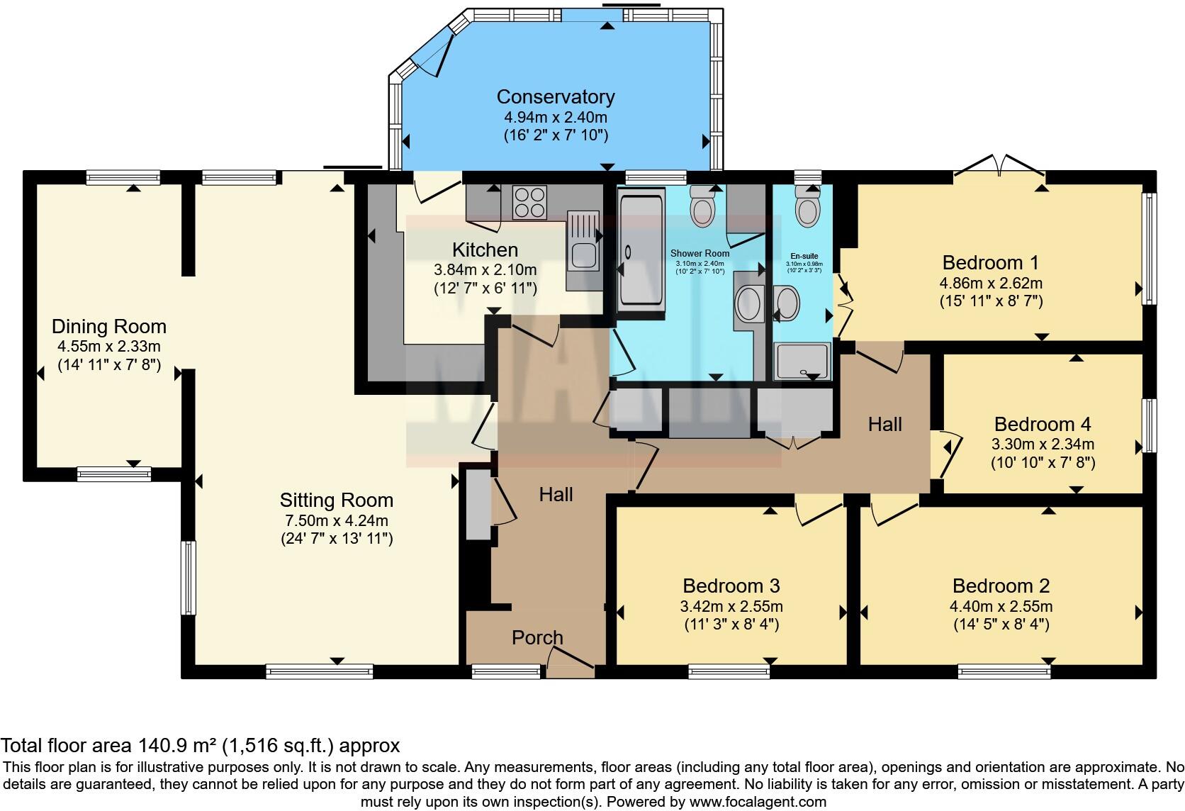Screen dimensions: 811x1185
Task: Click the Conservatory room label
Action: tap(555, 96)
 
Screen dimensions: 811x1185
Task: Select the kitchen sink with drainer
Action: tap(582, 252)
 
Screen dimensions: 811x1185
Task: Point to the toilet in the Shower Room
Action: tap(702, 209)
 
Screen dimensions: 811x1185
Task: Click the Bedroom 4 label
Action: tap(1042, 424)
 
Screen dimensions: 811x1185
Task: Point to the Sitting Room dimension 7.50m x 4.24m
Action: tap(336, 520)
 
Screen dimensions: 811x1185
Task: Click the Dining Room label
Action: tap(109, 327)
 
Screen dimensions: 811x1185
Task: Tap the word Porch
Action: tap(537, 637)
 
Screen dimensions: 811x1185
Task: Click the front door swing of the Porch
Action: tap(571, 656)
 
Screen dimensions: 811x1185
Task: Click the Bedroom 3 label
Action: tap(731, 586)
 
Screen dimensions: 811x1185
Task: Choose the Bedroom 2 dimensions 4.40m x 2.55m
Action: tap(1001, 606)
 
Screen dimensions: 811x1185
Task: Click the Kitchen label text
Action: tap(485, 250)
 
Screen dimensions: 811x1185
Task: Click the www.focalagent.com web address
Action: tap(757, 802)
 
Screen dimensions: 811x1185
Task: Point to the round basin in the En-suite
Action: tap(787, 303)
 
